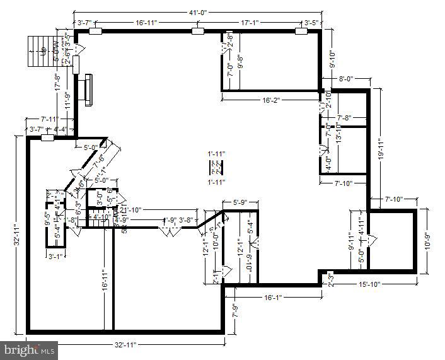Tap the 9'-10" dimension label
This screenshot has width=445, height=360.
click(333, 59)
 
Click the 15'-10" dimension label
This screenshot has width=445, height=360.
click(369, 284)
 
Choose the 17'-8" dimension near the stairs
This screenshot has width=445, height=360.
click(57, 83)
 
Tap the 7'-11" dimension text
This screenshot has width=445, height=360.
click(50, 119)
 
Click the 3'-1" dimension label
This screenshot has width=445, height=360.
click(57, 256)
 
